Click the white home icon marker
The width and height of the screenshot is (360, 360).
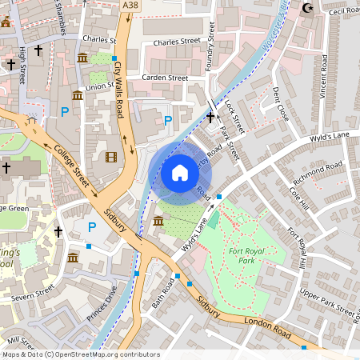[180, 172]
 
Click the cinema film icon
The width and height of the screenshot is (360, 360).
[110, 155]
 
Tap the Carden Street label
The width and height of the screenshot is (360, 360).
[164, 78]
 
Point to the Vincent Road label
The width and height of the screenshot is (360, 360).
[323, 78]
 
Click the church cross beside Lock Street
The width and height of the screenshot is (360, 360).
[210, 117]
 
